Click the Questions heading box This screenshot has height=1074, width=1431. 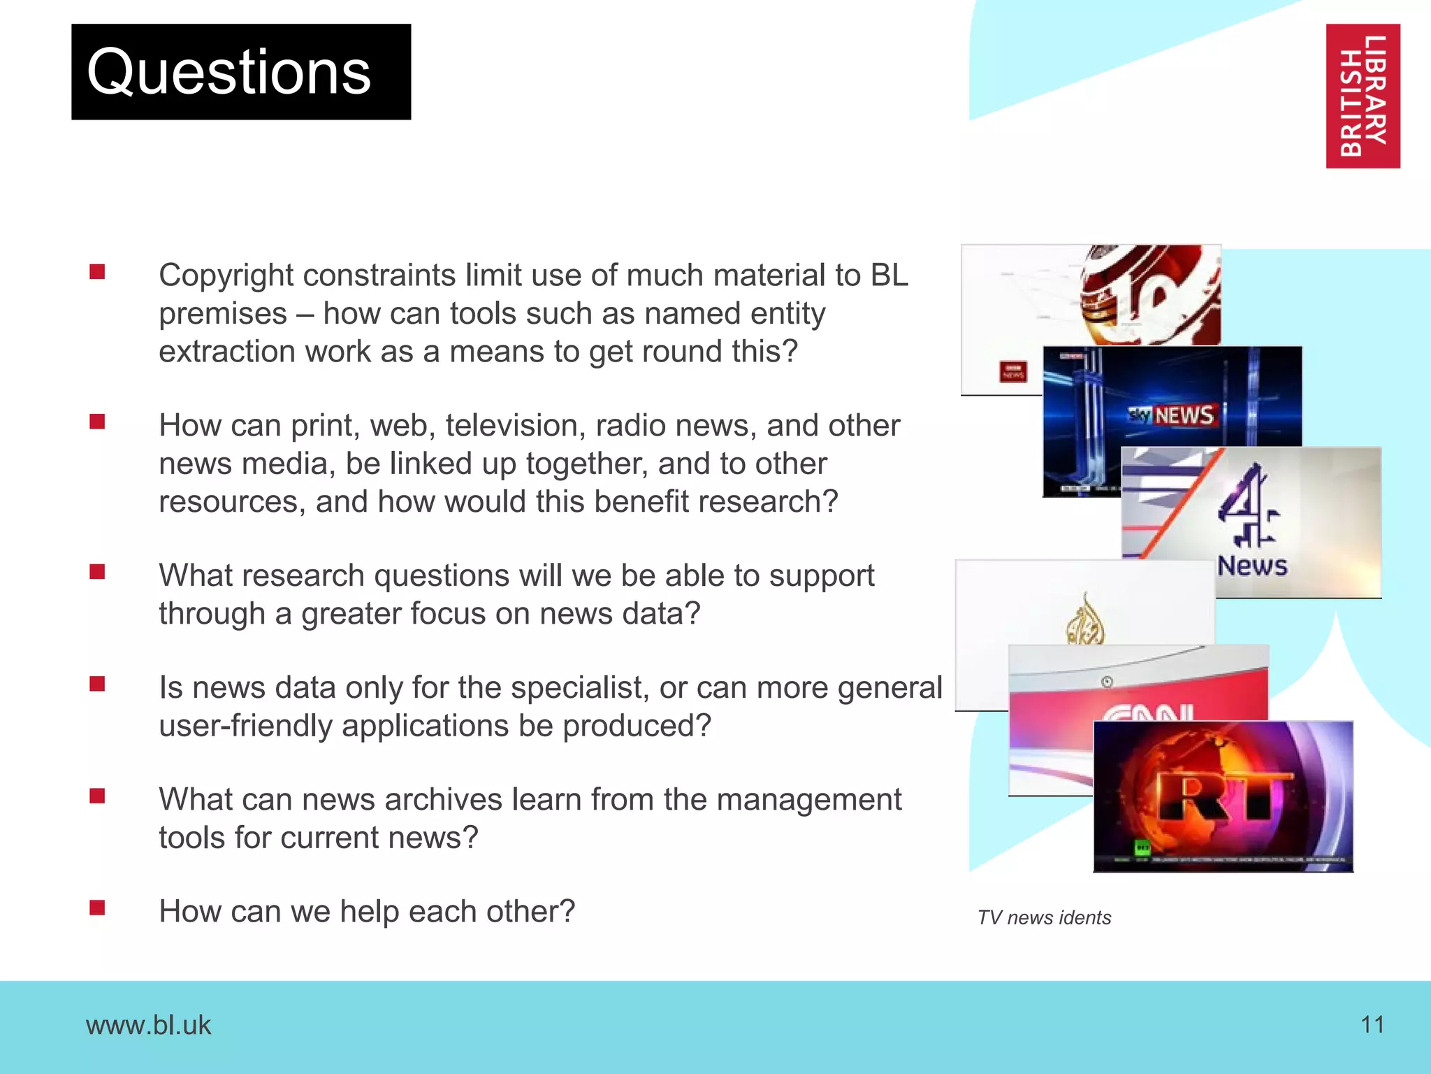click(241, 72)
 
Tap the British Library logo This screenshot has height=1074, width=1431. click(1363, 96)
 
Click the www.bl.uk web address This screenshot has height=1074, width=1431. click(148, 1025)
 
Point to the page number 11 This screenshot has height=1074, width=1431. click(1372, 1024)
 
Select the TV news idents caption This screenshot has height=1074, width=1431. click(1044, 917)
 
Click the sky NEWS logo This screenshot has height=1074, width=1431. click(1172, 415)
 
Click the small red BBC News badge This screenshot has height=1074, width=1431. click(1013, 371)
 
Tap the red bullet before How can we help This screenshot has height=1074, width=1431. click(97, 908)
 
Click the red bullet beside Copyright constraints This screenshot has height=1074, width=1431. click(97, 271)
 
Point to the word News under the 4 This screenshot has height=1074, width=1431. click(1252, 566)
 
